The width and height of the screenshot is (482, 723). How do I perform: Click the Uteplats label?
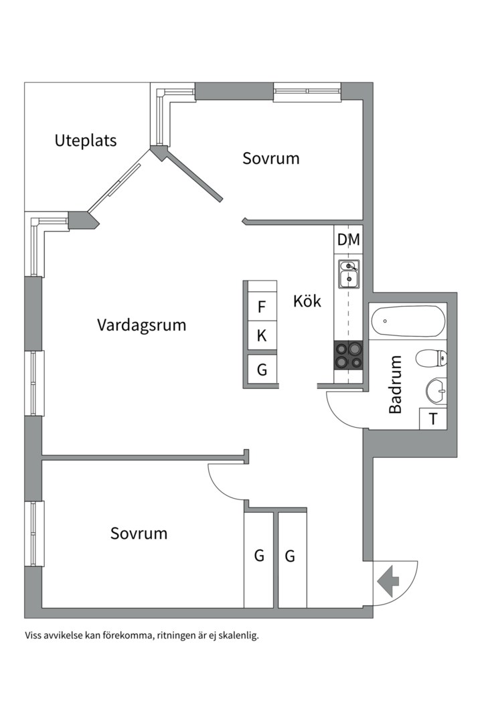(86, 141)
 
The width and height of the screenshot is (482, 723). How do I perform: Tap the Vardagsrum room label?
(141, 325)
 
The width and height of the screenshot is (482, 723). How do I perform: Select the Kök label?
(307, 301)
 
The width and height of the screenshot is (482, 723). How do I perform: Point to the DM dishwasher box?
(348, 240)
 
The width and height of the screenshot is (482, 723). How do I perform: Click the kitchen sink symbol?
(348, 274)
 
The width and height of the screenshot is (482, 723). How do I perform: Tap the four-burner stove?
(348, 355)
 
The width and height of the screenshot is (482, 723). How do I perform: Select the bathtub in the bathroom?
(407, 322)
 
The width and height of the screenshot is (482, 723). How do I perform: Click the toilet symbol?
(431, 359)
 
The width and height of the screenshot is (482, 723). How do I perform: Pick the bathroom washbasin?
(436, 390)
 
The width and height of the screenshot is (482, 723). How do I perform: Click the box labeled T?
(433, 419)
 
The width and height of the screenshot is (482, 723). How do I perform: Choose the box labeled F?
(262, 308)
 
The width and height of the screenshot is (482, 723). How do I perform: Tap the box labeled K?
(262, 336)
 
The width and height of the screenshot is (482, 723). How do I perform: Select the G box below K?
(262, 369)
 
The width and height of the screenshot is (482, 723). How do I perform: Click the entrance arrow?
(388, 581)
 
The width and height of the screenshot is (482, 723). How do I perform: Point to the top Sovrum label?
(270, 159)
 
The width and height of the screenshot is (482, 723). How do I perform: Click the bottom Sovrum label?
(139, 534)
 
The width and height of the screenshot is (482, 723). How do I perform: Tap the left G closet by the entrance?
(258, 556)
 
